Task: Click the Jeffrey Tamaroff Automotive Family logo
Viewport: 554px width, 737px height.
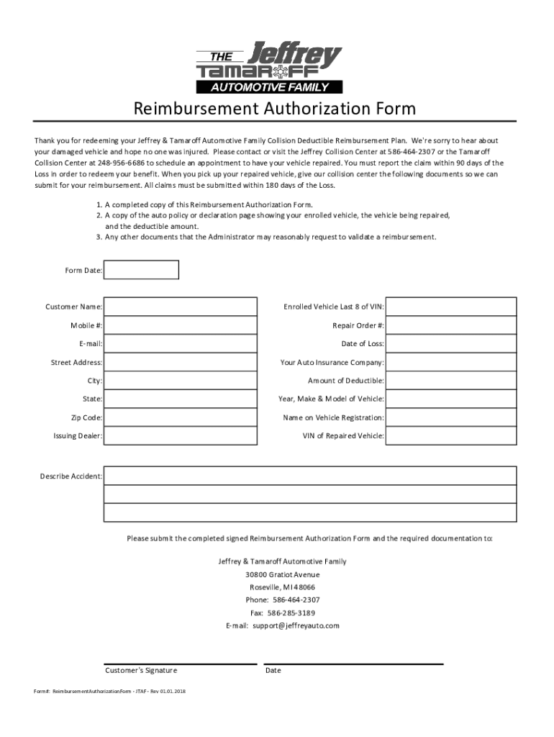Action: tap(270, 69)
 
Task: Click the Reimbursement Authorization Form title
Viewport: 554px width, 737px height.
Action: tap(274, 109)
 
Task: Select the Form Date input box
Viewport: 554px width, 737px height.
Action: tap(141, 270)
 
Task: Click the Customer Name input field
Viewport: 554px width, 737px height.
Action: tap(180, 307)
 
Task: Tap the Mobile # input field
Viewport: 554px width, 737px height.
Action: tap(180, 325)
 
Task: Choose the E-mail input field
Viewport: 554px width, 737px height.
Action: tap(180, 343)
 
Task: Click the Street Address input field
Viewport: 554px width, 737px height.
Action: tap(180, 362)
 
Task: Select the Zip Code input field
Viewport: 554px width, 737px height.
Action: tap(180, 417)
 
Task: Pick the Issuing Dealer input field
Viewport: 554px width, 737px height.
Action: tap(180, 435)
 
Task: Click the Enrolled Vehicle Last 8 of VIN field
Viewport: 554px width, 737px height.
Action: tap(451, 307)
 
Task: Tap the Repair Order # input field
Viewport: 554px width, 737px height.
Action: tap(451, 325)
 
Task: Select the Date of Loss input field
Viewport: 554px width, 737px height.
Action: tap(451, 343)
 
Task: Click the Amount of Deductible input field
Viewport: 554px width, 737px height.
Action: tap(451, 381)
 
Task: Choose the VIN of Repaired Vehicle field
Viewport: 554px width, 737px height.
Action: tap(451, 435)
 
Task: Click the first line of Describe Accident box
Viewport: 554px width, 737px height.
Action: tap(309, 476)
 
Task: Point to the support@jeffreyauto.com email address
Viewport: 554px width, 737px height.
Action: tap(296, 626)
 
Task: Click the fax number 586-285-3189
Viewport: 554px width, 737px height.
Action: tap(291, 613)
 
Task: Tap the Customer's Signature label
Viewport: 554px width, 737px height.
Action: tap(141, 670)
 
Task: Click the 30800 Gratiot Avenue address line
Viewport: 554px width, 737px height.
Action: tap(282, 574)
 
